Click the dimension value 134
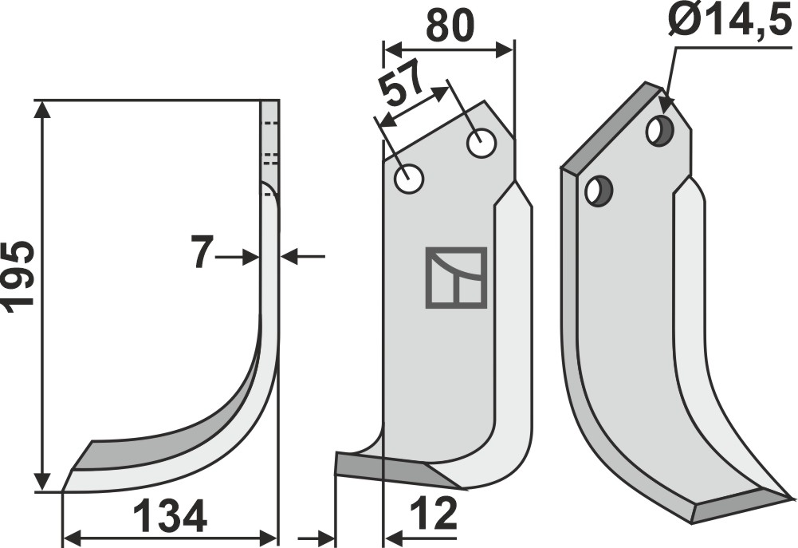(x=170, y=518)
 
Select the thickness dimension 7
(x=202, y=254)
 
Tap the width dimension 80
(x=450, y=26)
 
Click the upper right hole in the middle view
(x=482, y=144)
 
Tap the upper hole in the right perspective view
(x=659, y=131)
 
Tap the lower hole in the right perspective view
(x=597, y=191)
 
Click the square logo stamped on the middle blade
(x=455, y=278)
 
